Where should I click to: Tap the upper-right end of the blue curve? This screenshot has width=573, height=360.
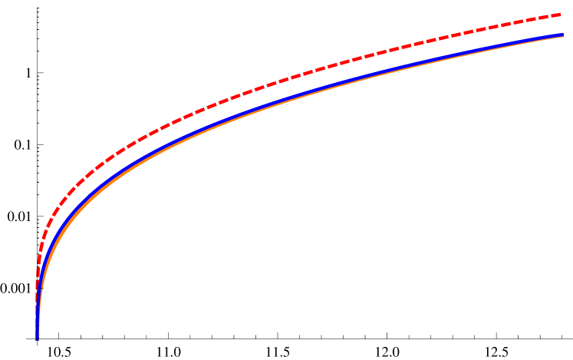click(x=563, y=35)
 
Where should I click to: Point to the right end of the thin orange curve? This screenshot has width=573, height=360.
click(x=563, y=37)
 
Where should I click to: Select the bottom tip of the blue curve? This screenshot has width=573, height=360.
click(x=37, y=338)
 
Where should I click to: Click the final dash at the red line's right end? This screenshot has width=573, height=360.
click(x=558, y=15)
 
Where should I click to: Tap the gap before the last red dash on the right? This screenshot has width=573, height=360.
click(x=548, y=17)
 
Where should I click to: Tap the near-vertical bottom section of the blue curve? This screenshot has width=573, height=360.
click(x=38, y=307)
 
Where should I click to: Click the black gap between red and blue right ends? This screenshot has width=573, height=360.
click(x=561, y=25)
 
